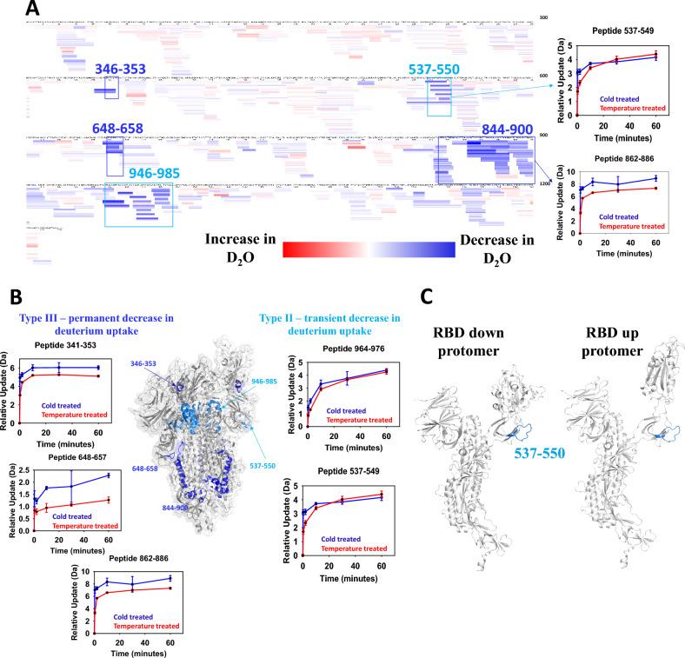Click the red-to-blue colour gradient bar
369,249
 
